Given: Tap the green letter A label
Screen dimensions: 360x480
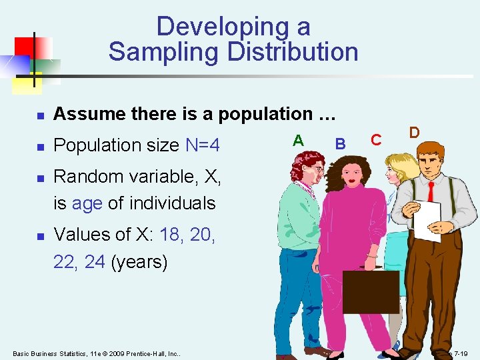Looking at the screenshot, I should (x=299, y=140).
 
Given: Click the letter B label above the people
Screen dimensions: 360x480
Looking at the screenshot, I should (x=340, y=143).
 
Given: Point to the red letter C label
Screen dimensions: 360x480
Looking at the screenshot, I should (x=376, y=139).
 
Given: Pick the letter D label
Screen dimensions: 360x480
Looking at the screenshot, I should (x=414, y=132).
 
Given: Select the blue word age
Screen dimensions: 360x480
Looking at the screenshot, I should (x=87, y=203).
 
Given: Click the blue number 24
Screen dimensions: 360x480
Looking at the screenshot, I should (x=95, y=261).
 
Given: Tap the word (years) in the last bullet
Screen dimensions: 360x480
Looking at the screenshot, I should (x=139, y=261).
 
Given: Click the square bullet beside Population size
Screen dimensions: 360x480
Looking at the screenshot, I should (x=40, y=145).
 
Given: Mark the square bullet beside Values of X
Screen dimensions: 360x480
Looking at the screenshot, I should (x=40, y=235).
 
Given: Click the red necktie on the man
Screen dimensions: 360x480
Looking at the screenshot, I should (x=431, y=191).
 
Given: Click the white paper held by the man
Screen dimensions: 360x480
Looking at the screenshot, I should (x=427, y=220).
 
